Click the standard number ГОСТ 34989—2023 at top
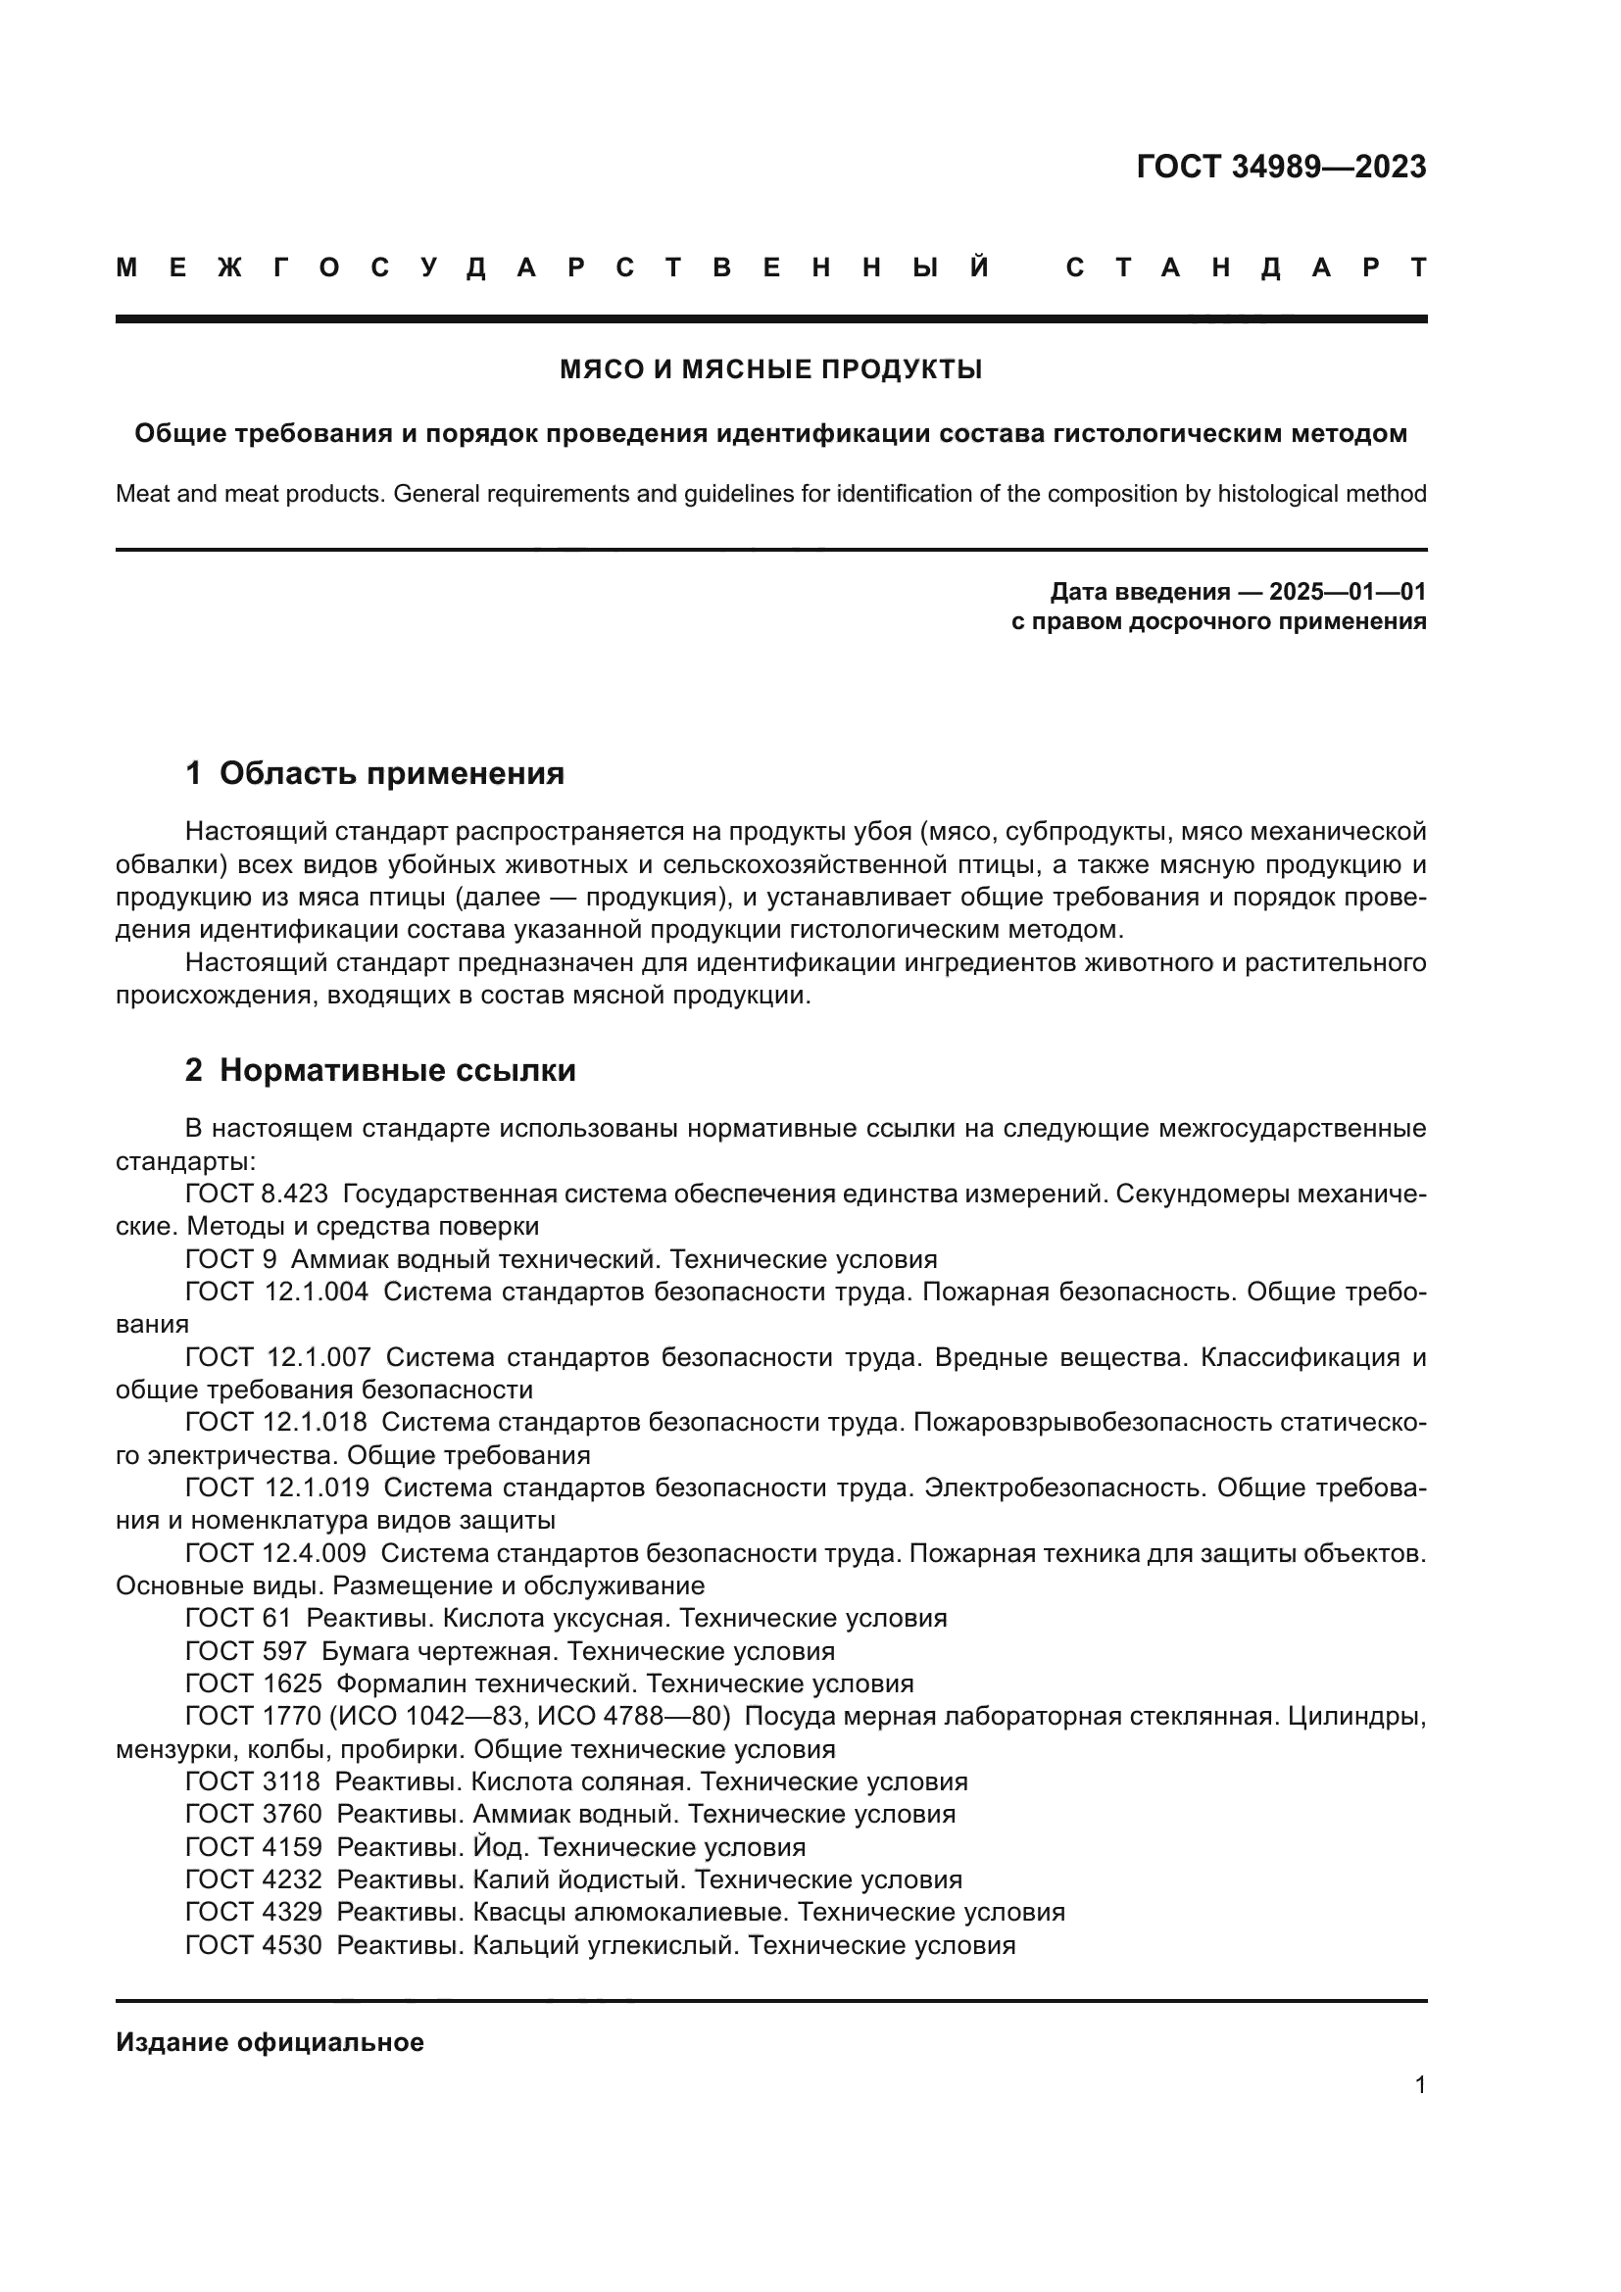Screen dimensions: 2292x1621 click(1281, 167)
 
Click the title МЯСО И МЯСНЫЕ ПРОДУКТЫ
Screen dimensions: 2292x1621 click(770, 370)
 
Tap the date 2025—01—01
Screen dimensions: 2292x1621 click(1347, 592)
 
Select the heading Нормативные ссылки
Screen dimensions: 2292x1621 click(397, 1070)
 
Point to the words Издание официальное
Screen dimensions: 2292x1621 click(270, 2042)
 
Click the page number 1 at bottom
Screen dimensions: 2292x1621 click(1419, 2084)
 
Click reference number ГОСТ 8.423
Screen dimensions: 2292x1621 click(257, 1194)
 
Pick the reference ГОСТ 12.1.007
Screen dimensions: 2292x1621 click(277, 1357)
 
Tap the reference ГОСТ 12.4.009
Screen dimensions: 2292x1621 click(275, 1553)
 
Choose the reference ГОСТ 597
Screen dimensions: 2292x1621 click(246, 1651)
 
